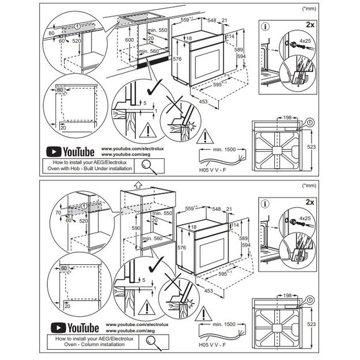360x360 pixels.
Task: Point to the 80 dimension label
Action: [x=51, y=33]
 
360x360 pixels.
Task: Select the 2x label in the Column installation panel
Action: [x=310, y=203]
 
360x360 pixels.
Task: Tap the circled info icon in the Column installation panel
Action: [x=264, y=203]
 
